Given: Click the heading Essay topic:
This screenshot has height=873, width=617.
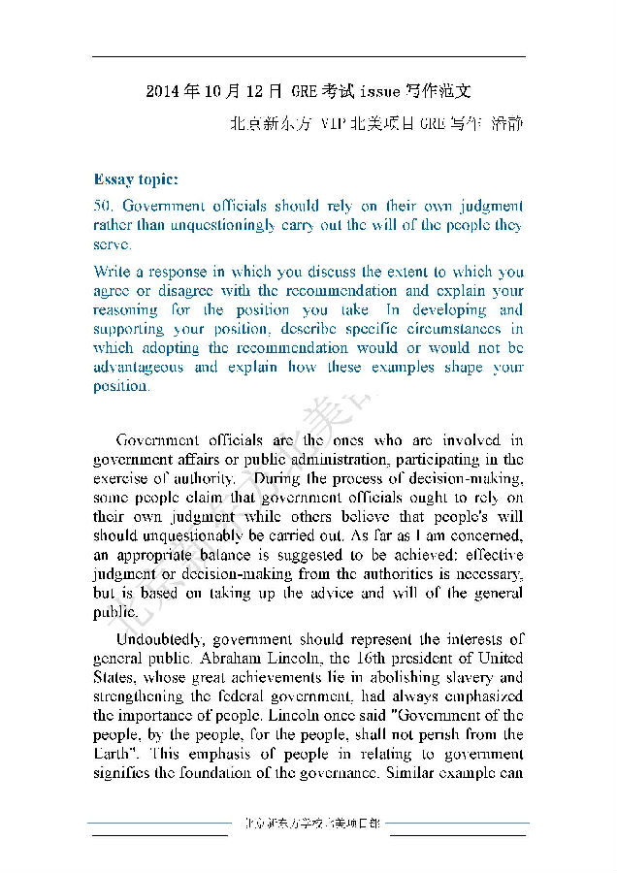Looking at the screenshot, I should click(136, 179).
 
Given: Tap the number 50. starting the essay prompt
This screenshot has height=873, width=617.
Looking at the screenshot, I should click(105, 207).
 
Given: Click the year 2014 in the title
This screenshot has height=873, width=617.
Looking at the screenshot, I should click(161, 93).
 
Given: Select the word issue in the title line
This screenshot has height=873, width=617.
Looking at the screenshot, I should click(378, 93).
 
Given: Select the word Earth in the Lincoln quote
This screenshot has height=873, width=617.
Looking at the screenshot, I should click(114, 754).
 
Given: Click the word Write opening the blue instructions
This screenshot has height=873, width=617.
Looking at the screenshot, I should click(112, 272).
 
